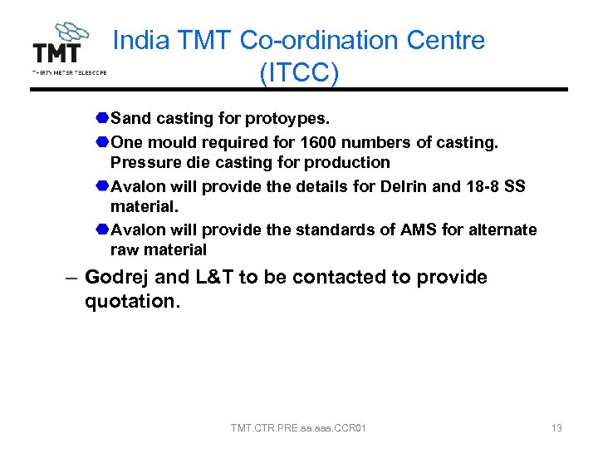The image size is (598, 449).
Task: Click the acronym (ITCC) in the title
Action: click(299, 73)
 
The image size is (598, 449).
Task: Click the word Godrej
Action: click(118, 278)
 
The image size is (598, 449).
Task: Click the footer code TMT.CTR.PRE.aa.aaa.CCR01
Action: click(299, 428)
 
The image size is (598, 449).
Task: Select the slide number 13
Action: click(556, 428)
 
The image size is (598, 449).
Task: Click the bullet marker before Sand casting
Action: click(101, 120)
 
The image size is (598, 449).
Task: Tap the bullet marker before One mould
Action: click(101, 143)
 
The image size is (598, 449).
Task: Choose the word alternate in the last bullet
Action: click(502, 229)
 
